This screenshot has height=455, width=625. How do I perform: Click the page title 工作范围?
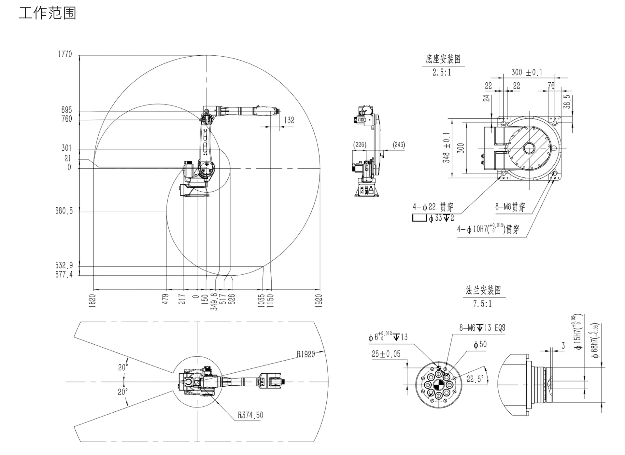pos(47,13)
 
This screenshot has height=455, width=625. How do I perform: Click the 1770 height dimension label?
pos(65,54)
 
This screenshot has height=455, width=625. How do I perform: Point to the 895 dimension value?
pos(66,110)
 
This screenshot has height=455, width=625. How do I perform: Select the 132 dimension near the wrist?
pos(289,120)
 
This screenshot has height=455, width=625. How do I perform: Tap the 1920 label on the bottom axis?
pos(319,300)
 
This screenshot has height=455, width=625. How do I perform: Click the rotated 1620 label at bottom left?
pos(92,300)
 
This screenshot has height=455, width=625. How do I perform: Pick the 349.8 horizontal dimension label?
pos(214,302)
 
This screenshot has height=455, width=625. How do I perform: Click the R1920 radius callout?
pos(306,354)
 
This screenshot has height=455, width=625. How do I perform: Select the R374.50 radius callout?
pos(250,415)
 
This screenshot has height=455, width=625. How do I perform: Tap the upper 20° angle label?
pos(123,367)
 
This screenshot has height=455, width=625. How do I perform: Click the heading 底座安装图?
pos(443,59)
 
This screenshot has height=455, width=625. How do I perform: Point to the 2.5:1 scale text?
pos(442,73)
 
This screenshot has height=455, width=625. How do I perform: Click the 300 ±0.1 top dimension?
pos(527,72)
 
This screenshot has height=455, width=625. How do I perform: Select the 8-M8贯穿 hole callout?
pos(510,207)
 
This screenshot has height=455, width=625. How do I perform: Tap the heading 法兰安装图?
pos(483,290)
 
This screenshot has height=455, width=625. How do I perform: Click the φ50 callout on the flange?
pos(480,344)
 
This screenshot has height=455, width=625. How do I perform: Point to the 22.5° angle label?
pos(475,379)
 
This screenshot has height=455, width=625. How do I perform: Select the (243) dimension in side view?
pos(399,145)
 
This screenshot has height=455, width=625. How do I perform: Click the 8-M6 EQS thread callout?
pos(482,328)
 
